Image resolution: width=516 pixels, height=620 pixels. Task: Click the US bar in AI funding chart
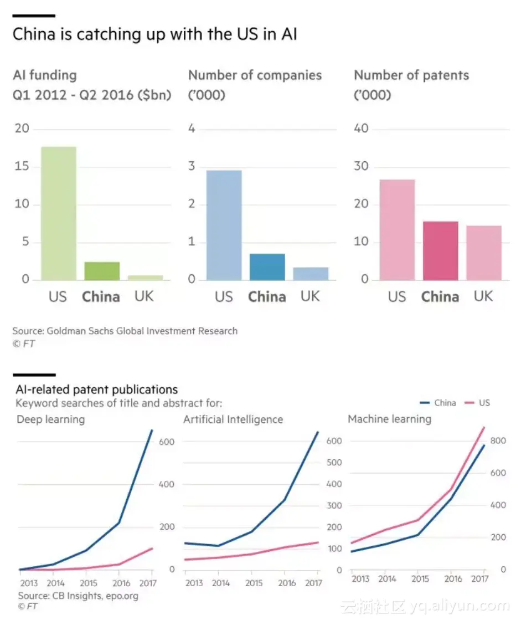click(x=58, y=213)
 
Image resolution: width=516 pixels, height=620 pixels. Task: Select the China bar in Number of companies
click(x=267, y=267)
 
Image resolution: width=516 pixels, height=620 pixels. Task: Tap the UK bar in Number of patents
click(x=483, y=253)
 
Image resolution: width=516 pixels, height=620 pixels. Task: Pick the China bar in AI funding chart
click(x=101, y=271)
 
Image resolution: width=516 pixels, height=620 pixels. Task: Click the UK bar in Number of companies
click(x=310, y=274)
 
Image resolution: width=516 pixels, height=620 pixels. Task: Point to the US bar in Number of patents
click(x=397, y=230)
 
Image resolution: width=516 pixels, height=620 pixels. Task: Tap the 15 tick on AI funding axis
click(x=22, y=167)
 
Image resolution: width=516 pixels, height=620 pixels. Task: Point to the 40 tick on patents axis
click(x=362, y=129)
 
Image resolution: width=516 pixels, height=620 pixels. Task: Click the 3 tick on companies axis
click(x=192, y=167)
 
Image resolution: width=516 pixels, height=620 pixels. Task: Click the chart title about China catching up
click(x=155, y=34)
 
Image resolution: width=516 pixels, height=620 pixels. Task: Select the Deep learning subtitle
click(x=51, y=419)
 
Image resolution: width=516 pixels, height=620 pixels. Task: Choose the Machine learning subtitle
click(x=389, y=419)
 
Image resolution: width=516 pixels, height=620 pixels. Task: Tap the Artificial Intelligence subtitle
click(x=233, y=419)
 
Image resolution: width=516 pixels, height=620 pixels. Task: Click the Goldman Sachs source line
click(x=125, y=331)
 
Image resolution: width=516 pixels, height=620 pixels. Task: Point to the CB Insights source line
click(x=78, y=596)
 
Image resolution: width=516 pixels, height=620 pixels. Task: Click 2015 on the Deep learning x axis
click(x=87, y=583)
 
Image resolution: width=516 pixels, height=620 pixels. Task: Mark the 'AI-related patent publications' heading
click(x=96, y=390)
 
